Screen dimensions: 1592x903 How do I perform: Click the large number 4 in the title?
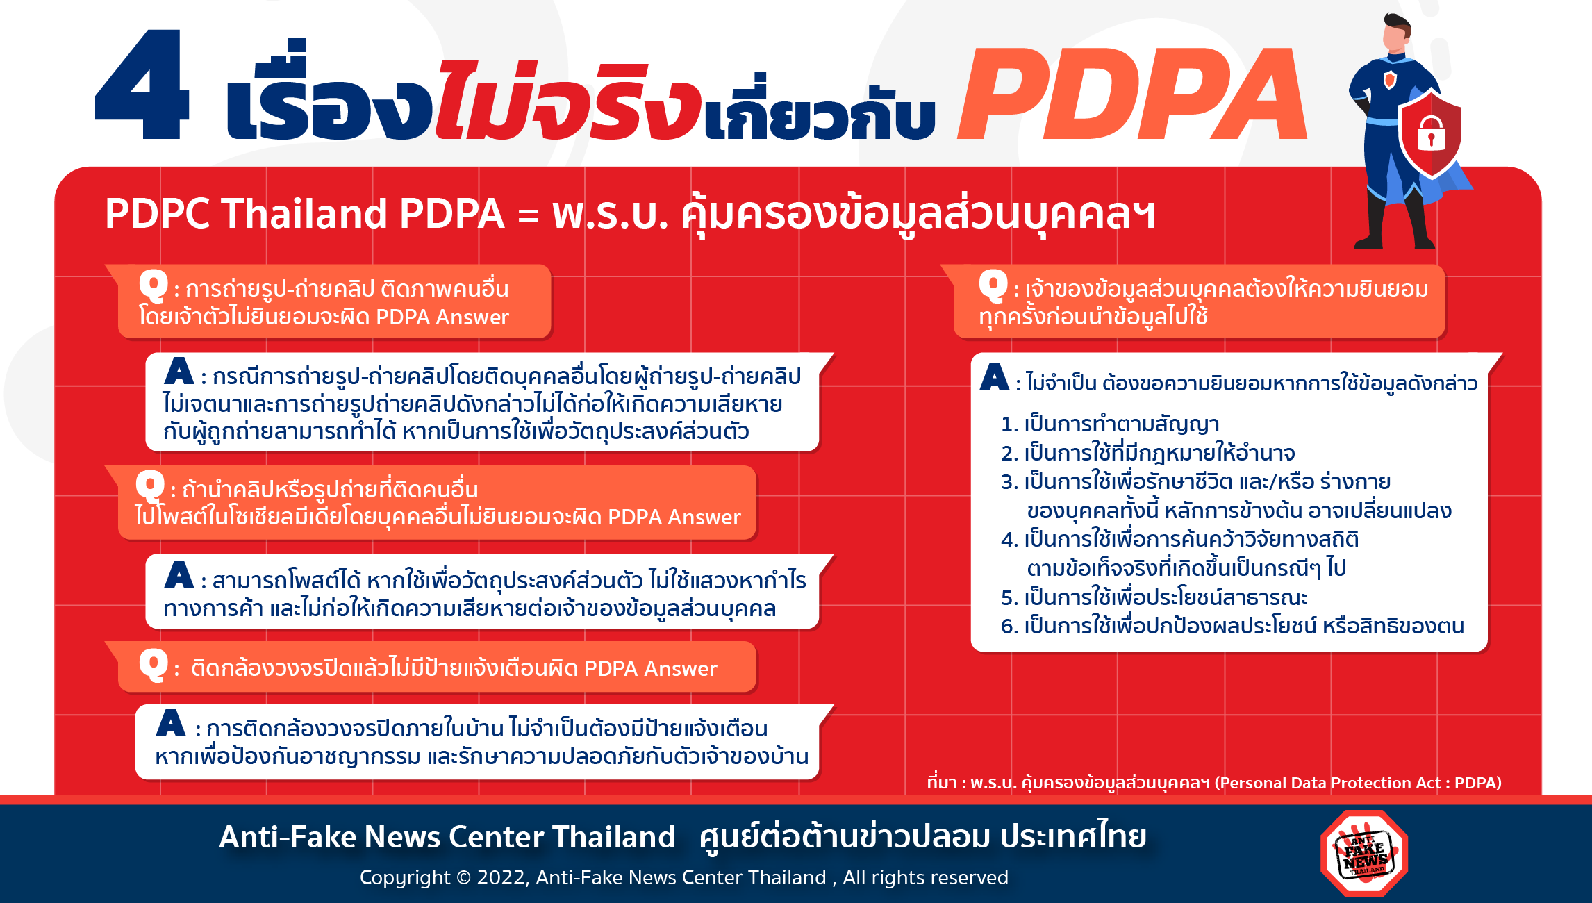click(x=142, y=84)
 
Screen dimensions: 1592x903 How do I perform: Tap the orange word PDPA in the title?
click(x=1132, y=94)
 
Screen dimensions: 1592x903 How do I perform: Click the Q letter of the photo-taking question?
click(x=153, y=285)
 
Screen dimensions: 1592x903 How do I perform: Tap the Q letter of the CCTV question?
click(x=153, y=665)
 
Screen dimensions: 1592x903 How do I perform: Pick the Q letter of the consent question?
click(x=993, y=285)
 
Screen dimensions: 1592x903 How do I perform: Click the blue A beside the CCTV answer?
click(x=171, y=723)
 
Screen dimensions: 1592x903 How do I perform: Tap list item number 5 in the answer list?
click(x=1154, y=597)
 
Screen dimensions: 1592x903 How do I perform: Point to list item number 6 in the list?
click(x=1232, y=627)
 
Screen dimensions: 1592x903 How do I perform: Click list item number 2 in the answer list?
click(x=1147, y=453)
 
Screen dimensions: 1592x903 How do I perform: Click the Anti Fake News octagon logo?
click(x=1364, y=854)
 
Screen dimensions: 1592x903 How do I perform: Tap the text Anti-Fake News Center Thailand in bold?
click(x=447, y=836)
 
